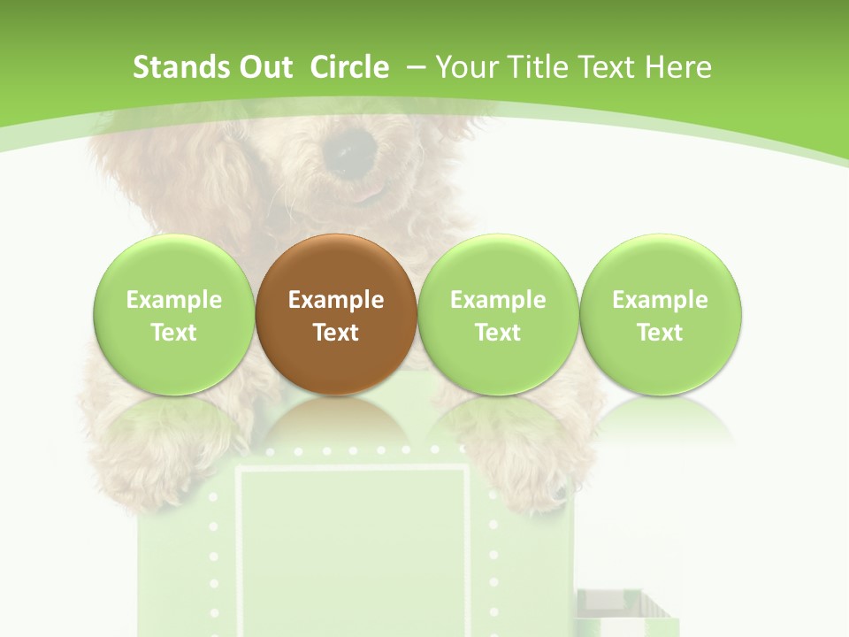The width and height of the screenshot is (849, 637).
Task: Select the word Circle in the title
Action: point(349,67)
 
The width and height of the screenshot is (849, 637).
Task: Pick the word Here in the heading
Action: point(679,67)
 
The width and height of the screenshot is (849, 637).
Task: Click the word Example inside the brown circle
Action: point(336,300)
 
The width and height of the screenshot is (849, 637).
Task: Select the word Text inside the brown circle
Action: point(336,333)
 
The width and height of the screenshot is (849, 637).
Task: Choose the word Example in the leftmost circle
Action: point(173,300)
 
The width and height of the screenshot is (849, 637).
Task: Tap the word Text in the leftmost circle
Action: point(173,333)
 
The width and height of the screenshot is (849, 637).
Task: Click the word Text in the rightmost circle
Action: point(660,333)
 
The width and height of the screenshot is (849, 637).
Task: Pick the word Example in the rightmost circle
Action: point(660,300)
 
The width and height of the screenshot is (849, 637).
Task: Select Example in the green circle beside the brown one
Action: point(498,300)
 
